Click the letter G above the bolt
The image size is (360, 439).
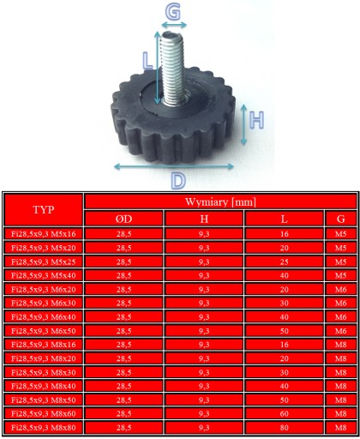(173, 12)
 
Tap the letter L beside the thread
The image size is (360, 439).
(147, 61)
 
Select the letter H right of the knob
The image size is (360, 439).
(256, 120)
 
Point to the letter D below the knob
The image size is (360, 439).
(178, 180)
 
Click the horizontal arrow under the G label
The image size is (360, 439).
(174, 25)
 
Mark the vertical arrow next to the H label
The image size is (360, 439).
(243, 124)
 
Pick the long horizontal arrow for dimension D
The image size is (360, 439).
(174, 166)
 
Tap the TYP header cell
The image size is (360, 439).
(44, 209)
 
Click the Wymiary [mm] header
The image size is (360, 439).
(220, 201)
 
